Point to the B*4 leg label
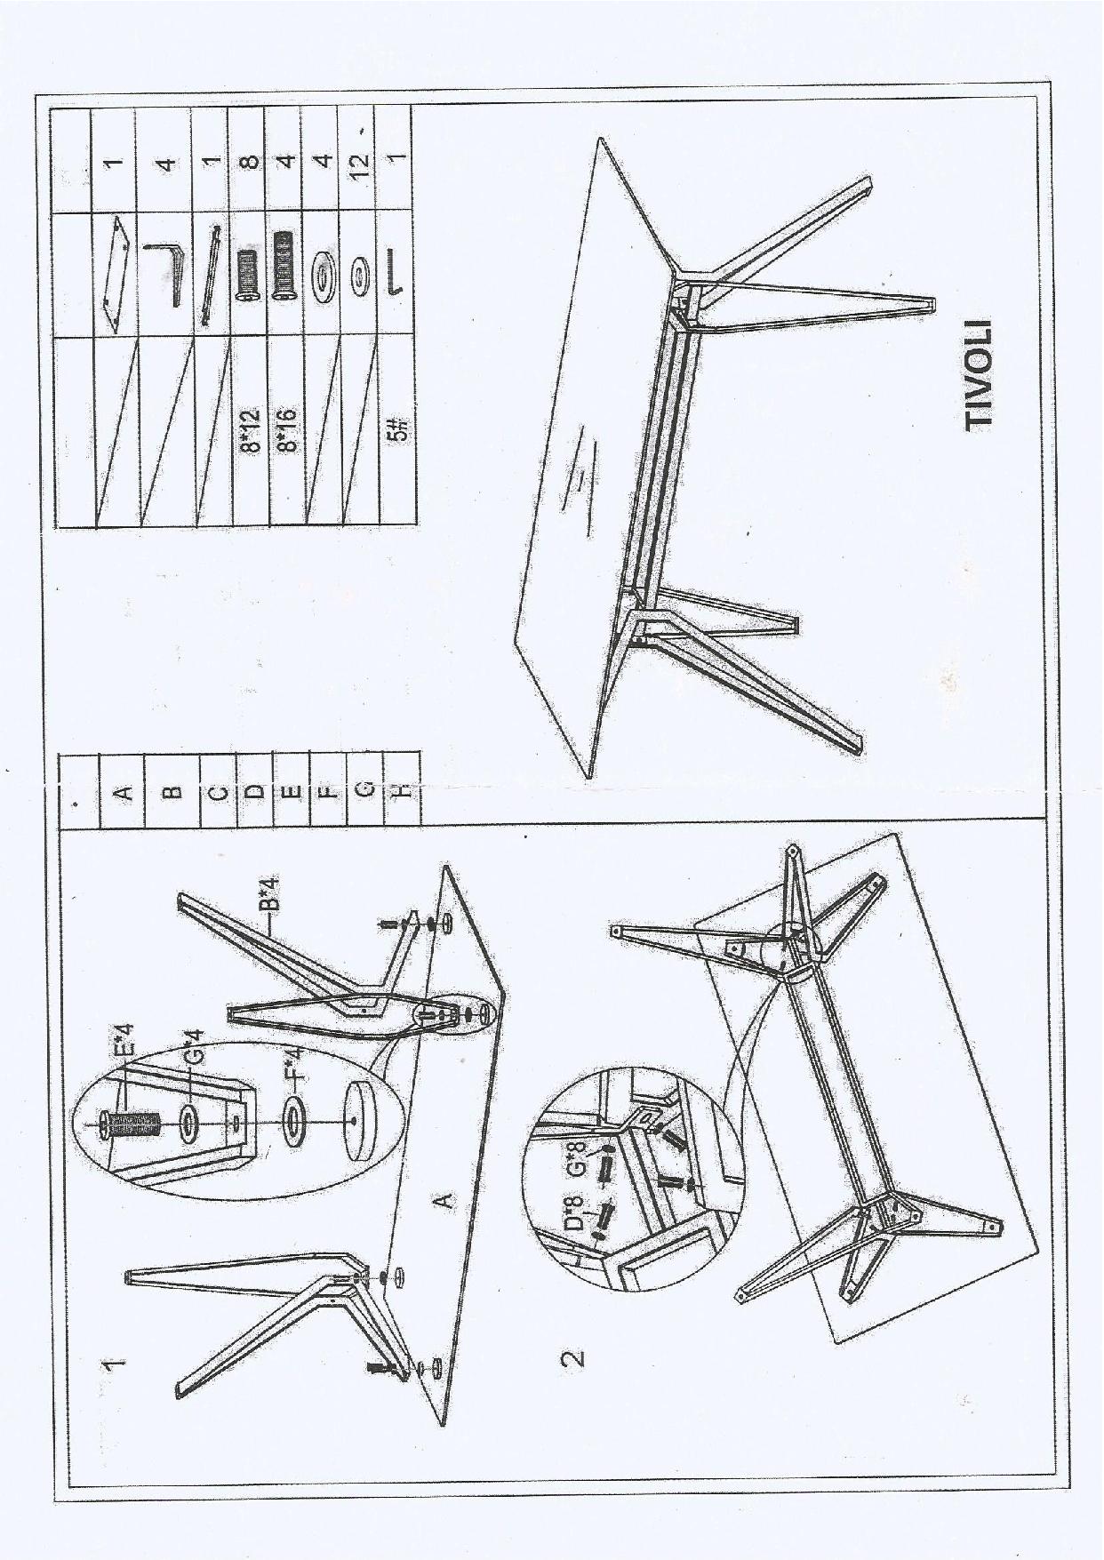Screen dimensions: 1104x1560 coord(270,894)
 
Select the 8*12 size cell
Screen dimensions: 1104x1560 coord(251,430)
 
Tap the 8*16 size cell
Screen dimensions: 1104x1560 coord(286,430)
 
